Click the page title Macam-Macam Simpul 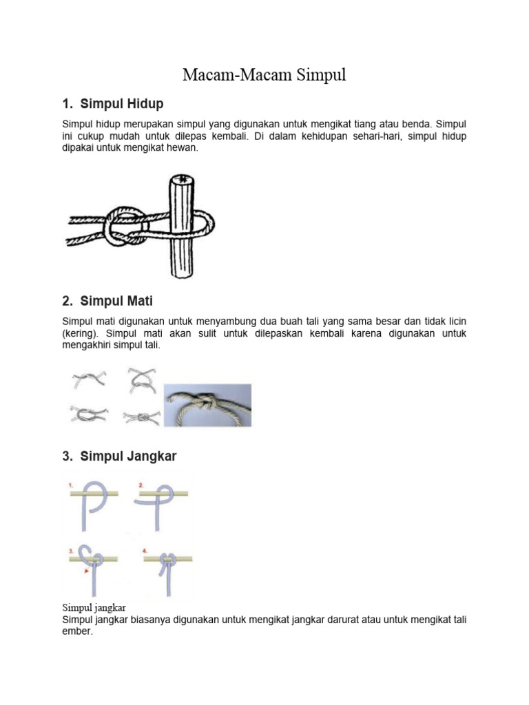[x=264, y=76]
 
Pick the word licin [x=457, y=322]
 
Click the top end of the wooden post [x=183, y=180]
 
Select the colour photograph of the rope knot [x=207, y=406]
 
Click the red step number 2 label [x=141, y=485]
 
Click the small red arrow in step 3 [x=85, y=571]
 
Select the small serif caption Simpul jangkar [x=94, y=607]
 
